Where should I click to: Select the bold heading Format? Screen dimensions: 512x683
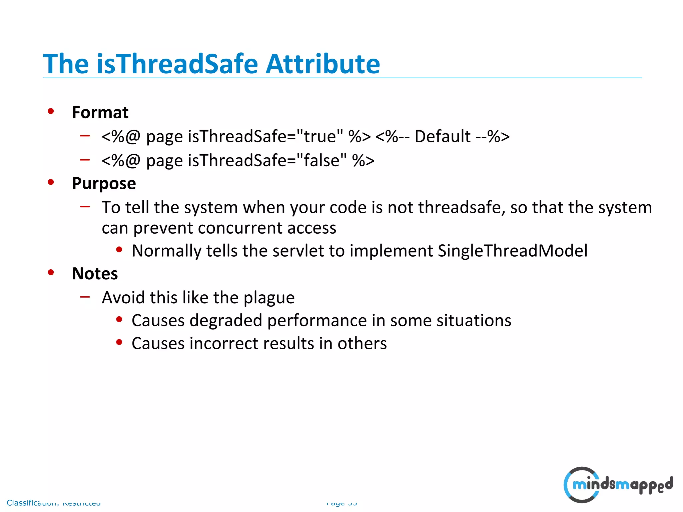tap(100, 112)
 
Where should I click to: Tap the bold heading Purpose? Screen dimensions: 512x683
tap(104, 184)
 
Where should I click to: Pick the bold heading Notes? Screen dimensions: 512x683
tap(95, 274)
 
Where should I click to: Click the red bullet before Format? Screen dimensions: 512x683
tap(51, 111)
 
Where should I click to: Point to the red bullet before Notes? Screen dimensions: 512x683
tap(51, 272)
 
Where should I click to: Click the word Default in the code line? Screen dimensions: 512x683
tap(442, 136)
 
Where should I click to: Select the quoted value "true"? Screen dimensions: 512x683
tap(319, 136)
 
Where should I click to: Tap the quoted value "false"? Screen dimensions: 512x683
tap(321, 160)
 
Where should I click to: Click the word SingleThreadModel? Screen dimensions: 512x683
tap(512, 251)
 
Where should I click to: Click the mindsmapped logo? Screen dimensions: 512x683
tap(618, 485)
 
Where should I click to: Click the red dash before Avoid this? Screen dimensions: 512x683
tap(85, 296)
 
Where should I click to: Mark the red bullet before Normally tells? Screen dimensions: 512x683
tap(119, 250)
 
